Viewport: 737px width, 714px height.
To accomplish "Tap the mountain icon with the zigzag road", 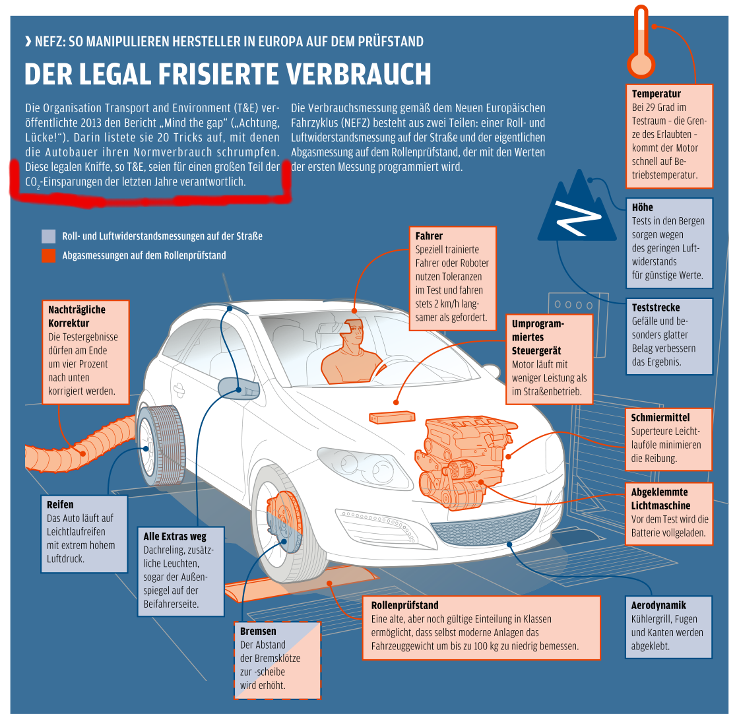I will (571, 208).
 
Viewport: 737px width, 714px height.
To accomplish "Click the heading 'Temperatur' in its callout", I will (656, 94).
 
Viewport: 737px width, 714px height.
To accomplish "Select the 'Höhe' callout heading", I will (642, 207).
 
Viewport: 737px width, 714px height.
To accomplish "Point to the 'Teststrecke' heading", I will (655, 308).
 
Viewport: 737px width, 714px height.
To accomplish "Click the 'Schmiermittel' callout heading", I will (660, 417).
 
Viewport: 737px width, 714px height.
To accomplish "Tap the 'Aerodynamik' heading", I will (658, 605).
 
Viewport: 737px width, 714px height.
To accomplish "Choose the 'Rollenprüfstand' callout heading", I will (404, 605).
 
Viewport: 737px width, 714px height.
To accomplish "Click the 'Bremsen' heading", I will (258, 631).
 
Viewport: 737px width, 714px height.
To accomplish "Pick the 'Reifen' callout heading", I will (60, 504).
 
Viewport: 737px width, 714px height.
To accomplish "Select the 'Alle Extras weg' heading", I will (175, 536).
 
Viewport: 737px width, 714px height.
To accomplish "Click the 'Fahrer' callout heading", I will (429, 236).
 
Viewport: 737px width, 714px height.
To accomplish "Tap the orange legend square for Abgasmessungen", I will (48, 255).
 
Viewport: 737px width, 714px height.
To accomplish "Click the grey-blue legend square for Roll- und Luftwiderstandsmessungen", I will (48, 236).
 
